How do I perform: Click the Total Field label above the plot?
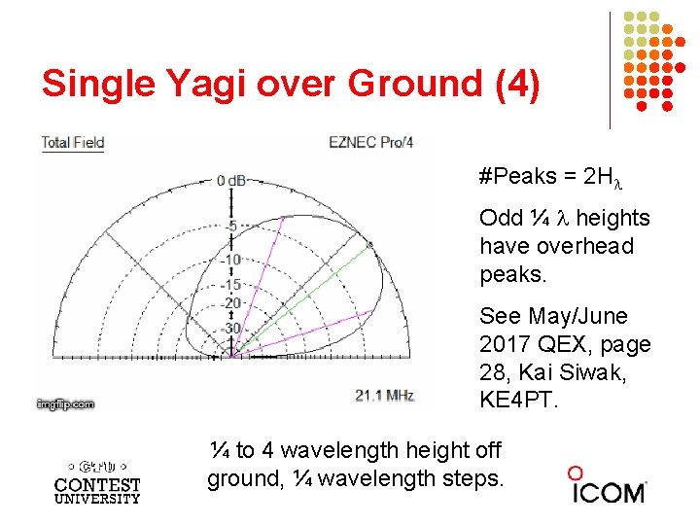72,143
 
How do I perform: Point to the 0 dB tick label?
232,180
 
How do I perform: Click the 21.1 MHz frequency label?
384,395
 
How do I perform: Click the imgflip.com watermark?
66,403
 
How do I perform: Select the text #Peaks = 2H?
550,177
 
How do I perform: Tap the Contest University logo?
97,476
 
